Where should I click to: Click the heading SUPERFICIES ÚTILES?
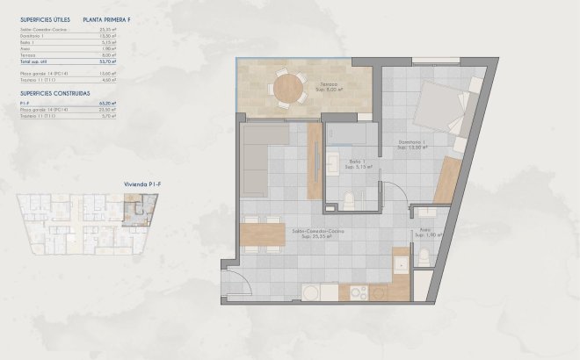click(45, 18)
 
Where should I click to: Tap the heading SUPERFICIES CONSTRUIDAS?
click(54, 91)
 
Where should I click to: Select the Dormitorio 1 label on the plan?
click(412, 144)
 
